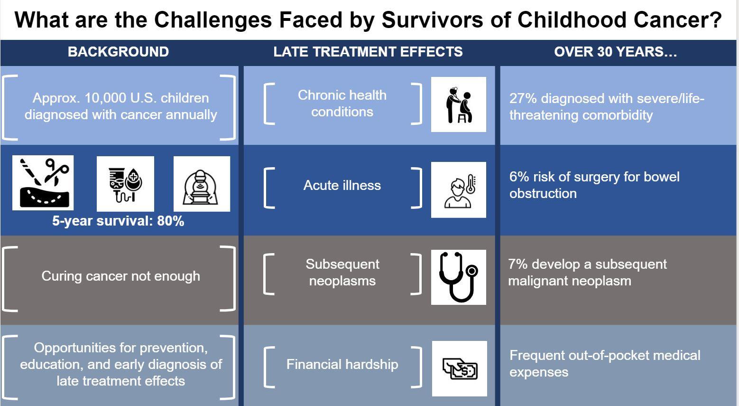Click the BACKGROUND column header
[x=118, y=52]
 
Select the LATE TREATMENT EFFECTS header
[x=368, y=52]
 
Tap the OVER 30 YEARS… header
[x=615, y=52]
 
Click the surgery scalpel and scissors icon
[x=43, y=183]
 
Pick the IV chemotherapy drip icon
[x=125, y=184]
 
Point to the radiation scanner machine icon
[x=202, y=184]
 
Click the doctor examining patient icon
[x=459, y=104]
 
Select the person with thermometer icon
[x=459, y=189]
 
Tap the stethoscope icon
[x=459, y=277]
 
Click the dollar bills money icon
[x=460, y=368]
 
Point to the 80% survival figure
[x=171, y=221]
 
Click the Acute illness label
[x=342, y=185]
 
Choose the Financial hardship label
[x=342, y=364]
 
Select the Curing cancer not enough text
[x=121, y=276]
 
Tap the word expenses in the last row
[x=539, y=372]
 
